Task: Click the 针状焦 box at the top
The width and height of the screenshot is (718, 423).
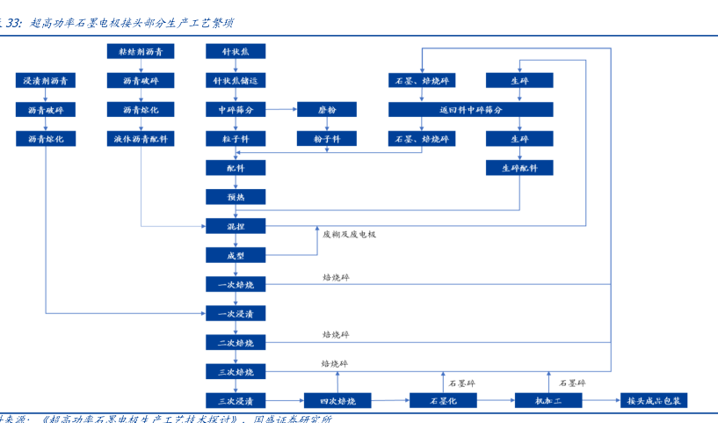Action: click(235, 52)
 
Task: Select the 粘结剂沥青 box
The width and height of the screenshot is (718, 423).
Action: click(141, 52)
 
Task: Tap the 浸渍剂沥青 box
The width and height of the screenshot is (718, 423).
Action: click(46, 81)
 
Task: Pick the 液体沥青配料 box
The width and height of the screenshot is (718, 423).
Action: click(141, 138)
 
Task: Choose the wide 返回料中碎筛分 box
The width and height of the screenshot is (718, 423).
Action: click(470, 110)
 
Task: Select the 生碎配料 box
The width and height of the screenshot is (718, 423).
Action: click(519, 167)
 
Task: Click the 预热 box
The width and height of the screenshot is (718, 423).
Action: click(235, 196)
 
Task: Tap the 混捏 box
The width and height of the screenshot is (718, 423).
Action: click(235, 225)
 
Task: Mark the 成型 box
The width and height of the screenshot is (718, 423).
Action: click(235, 255)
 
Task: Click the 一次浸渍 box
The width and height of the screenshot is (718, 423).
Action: click(235, 312)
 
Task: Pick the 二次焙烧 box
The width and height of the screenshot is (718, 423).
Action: click(235, 341)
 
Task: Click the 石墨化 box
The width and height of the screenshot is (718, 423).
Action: click(442, 400)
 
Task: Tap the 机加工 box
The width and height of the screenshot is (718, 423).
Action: click(548, 400)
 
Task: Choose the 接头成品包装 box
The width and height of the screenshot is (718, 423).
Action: click(654, 400)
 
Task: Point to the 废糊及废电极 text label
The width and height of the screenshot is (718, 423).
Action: click(349, 234)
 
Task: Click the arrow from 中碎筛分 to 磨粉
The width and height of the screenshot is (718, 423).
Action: click(279, 110)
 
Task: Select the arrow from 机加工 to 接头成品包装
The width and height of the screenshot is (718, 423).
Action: click(602, 400)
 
